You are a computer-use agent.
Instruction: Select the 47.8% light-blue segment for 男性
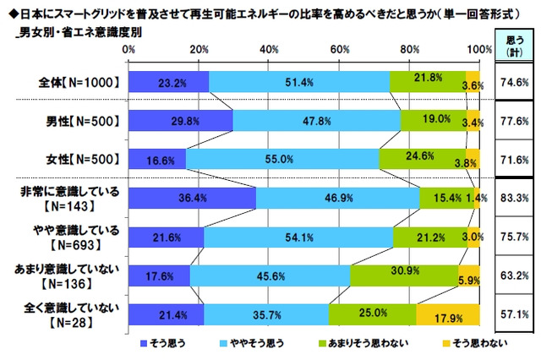coord(316,120)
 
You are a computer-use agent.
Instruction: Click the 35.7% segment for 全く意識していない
coord(266,314)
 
